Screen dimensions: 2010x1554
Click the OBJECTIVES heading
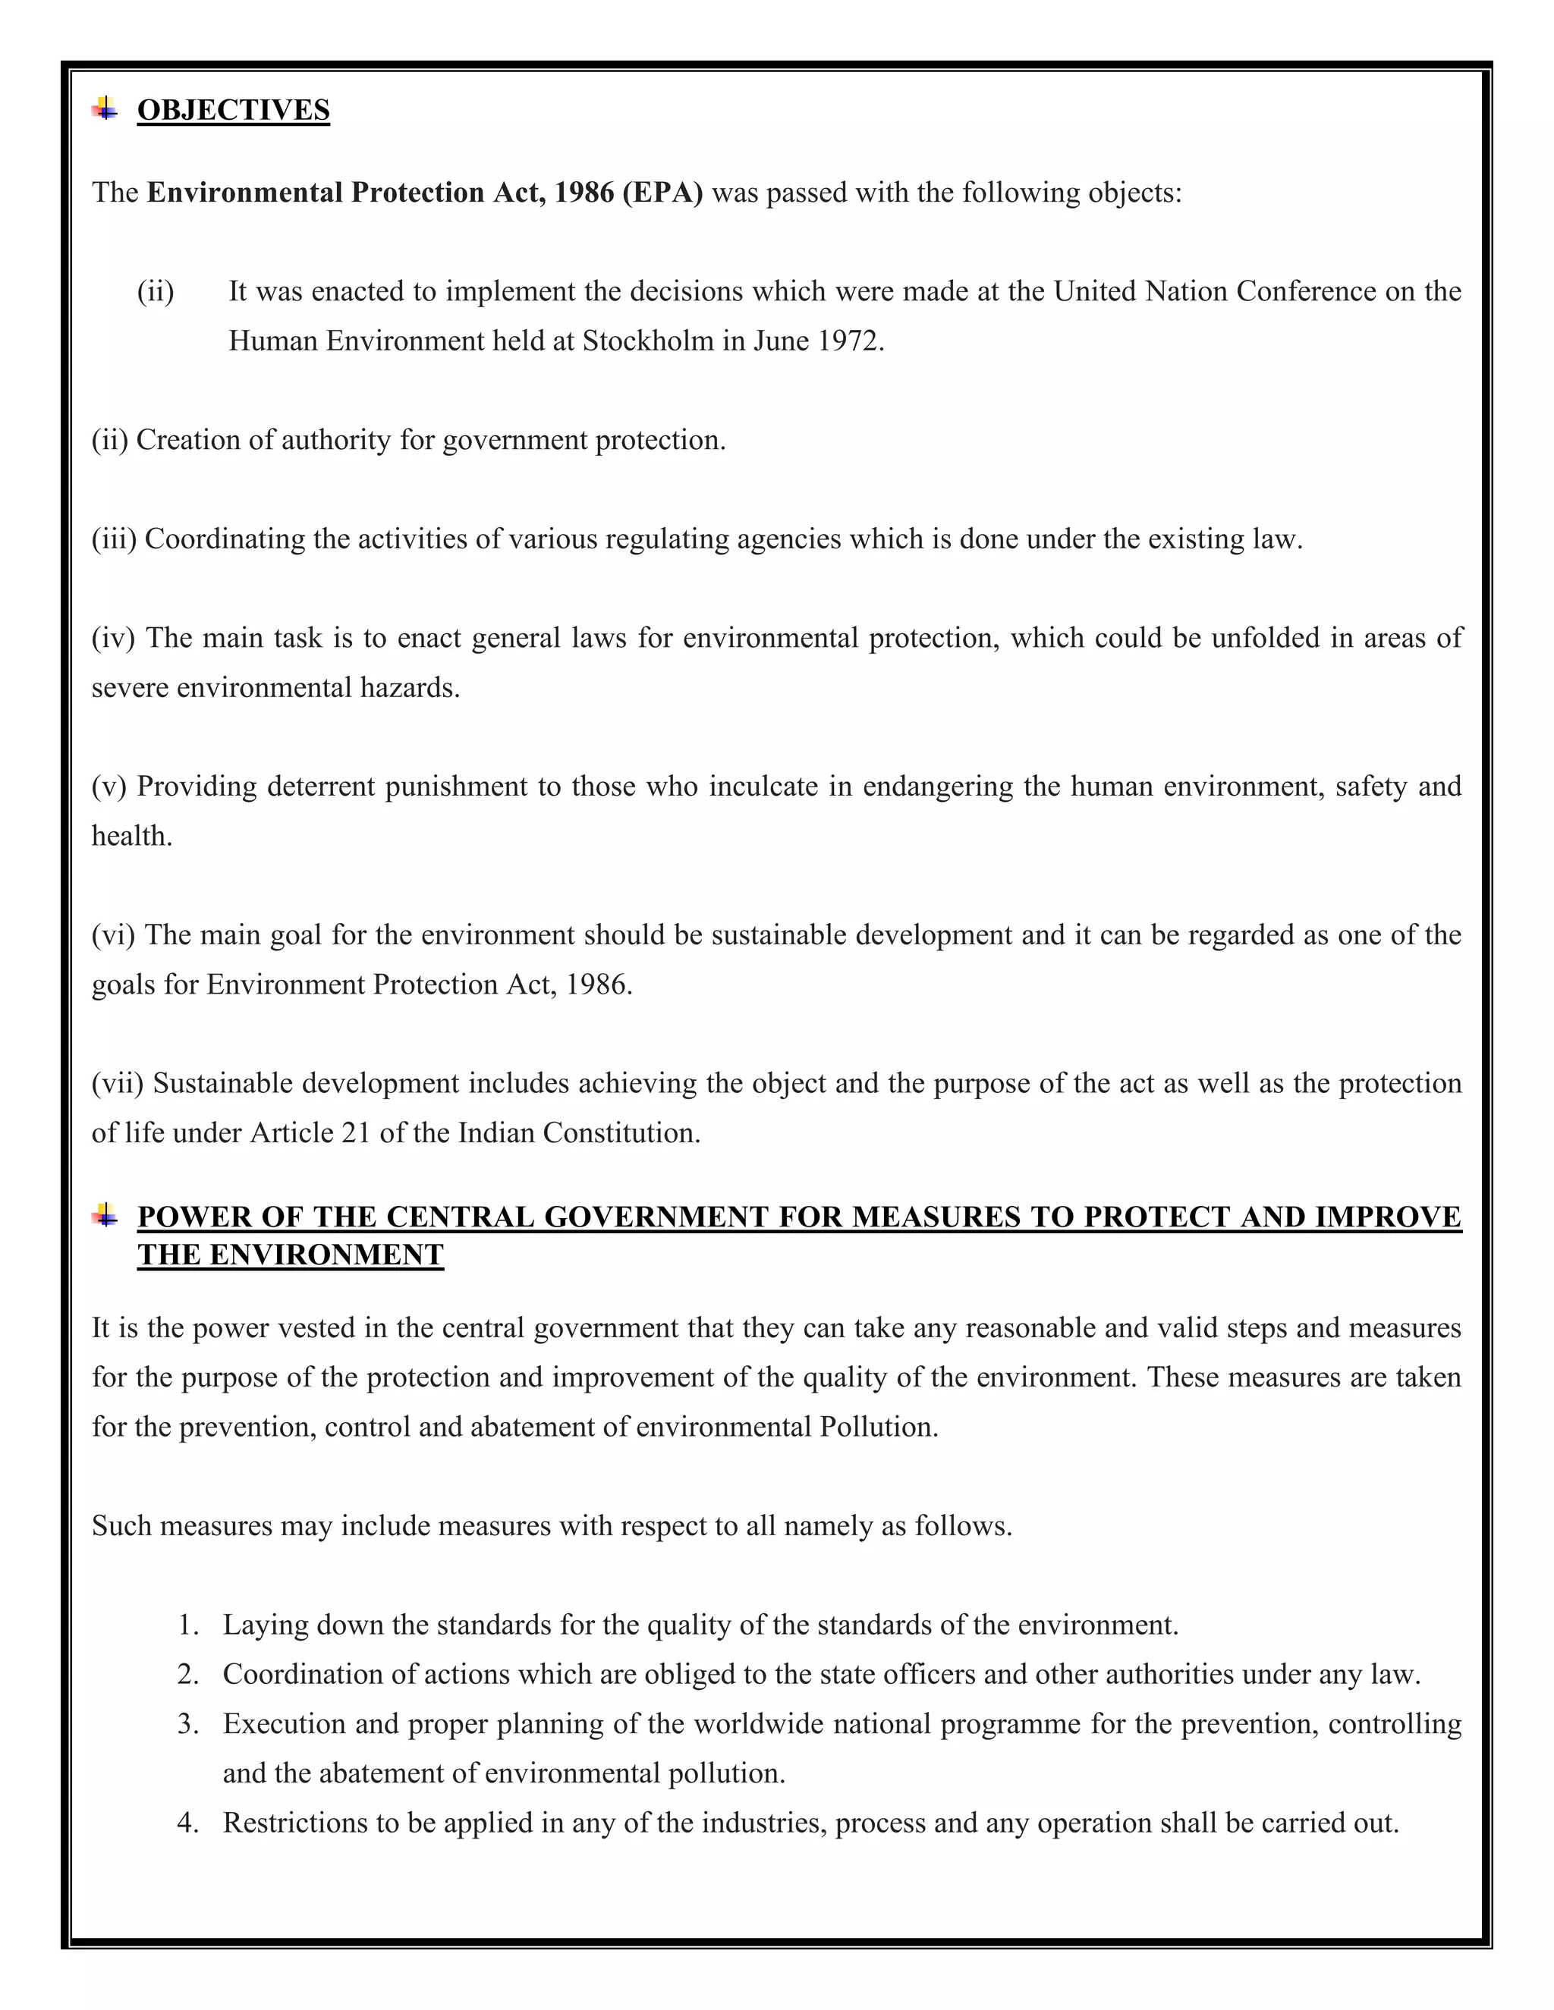pos(233,111)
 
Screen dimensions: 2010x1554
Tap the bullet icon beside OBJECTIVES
pos(105,108)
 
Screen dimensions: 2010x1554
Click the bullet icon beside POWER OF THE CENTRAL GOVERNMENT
pos(105,1216)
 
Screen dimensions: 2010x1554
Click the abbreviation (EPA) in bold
pos(662,193)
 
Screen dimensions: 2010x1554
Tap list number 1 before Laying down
pos(188,1625)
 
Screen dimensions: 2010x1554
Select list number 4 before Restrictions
pos(188,1823)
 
